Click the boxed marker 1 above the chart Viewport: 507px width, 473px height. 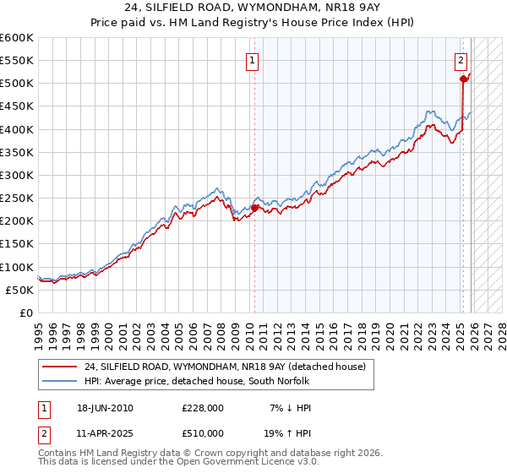coord(253,60)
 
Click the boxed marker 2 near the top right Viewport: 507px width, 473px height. coord(461,60)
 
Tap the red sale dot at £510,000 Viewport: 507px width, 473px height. coord(463,79)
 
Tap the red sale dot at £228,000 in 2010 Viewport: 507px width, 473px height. coord(254,208)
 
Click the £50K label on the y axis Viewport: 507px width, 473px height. coord(19,290)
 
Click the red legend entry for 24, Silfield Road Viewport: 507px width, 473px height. coord(224,367)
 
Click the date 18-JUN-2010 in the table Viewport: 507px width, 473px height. coord(105,408)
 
